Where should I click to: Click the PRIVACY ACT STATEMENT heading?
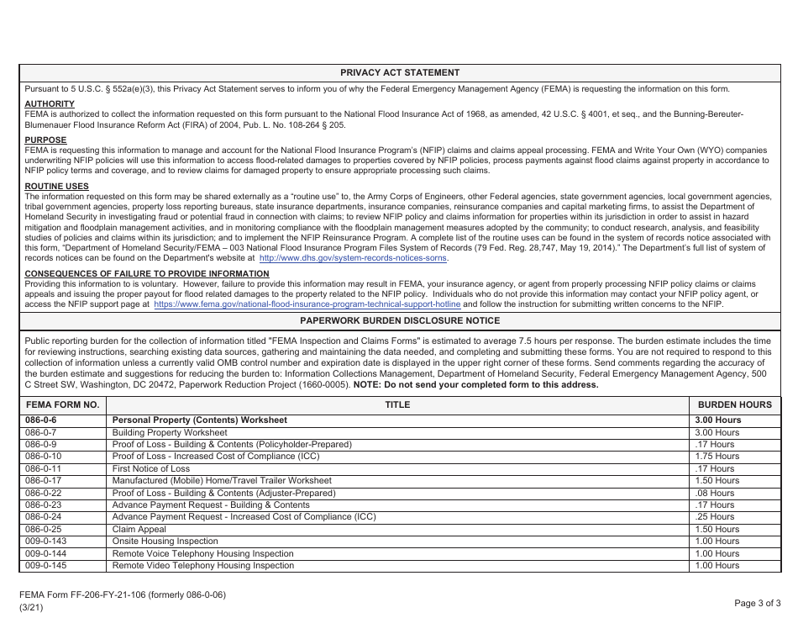coord(400,73)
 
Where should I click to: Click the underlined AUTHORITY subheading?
coord(50,104)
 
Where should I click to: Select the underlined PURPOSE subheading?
coord(45,140)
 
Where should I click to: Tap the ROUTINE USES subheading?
coord(56,187)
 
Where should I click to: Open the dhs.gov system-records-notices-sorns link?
coord(354,260)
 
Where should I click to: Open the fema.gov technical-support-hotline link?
coord(307,304)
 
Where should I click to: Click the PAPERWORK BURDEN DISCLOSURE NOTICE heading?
coord(400,321)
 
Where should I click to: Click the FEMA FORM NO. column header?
coord(62,404)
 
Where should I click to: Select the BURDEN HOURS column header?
coord(734,404)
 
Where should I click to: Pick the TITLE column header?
coord(397,404)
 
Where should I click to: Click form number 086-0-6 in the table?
coord(41,420)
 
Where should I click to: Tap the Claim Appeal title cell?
coord(139,530)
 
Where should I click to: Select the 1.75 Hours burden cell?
coord(717,457)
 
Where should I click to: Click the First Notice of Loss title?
coord(151,468)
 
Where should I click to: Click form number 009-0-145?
coord(45,566)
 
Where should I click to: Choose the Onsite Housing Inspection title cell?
coord(165,541)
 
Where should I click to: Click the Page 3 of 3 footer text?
coord(757,603)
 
